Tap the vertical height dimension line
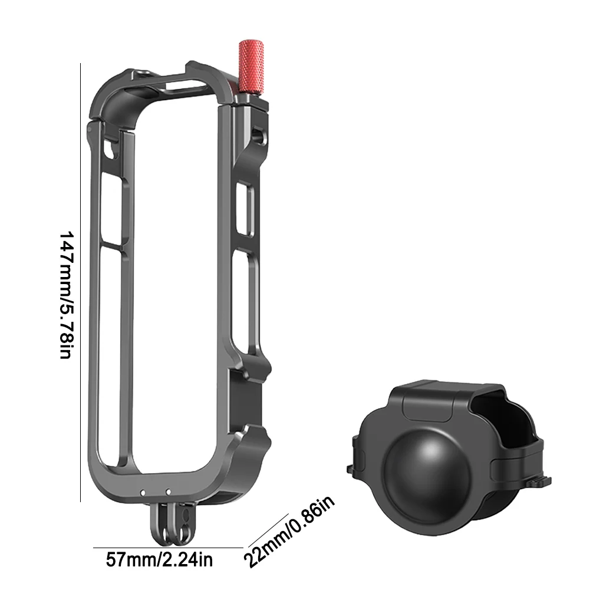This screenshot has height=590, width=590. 80,283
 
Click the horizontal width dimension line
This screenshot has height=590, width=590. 168,548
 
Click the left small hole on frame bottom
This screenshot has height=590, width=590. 143,491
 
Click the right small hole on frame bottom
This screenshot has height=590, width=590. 167,491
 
